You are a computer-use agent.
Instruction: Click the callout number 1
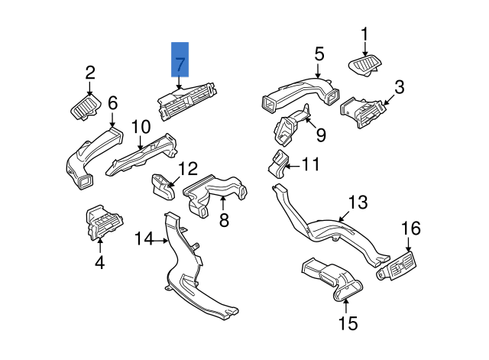coord(364,34)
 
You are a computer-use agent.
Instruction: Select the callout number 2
coord(90,73)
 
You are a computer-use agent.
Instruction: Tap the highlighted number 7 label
coord(180,64)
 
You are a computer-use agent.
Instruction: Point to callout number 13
coord(358,203)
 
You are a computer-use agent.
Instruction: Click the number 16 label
coord(411,228)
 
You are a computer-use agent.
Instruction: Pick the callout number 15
coord(348,323)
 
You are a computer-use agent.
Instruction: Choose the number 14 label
coord(144,240)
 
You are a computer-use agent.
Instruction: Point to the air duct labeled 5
coord(298,93)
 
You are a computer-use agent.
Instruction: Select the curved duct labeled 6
coord(90,159)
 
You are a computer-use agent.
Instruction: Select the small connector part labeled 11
coord(278,163)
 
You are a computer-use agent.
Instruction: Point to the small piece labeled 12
coord(161,184)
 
